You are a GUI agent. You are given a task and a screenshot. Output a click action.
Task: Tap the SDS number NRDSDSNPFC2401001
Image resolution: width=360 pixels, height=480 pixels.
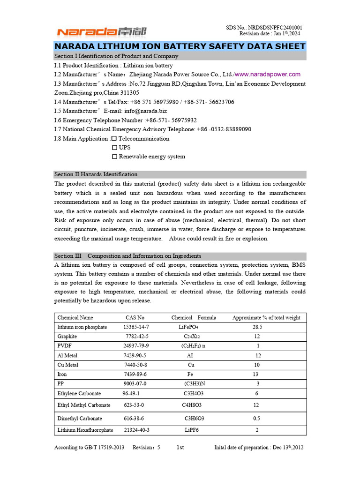276,28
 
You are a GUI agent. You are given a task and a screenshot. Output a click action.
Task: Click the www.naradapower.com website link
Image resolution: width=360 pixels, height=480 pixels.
268,75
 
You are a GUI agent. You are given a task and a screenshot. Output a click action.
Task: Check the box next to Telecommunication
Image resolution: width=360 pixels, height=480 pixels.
114,139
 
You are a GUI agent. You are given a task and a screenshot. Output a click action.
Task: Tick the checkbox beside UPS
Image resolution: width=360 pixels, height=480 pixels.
114,148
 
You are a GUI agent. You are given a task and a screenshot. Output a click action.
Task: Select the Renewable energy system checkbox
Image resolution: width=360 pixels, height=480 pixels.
114,157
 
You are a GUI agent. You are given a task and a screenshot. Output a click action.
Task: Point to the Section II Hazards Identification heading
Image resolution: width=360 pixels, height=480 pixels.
96,174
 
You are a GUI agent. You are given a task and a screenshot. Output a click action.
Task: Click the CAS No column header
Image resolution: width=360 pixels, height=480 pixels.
135,318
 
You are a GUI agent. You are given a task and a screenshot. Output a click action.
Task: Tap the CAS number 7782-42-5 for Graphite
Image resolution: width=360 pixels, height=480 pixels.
137,337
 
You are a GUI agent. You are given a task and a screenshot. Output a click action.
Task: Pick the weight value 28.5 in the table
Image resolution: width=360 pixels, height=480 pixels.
257,327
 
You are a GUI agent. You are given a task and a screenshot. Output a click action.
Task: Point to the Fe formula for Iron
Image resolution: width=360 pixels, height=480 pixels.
190,375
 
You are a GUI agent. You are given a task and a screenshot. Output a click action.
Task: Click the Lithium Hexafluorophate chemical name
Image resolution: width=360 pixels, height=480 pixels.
85,430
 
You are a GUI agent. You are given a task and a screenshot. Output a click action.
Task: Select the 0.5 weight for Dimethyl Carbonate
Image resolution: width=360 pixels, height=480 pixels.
256,419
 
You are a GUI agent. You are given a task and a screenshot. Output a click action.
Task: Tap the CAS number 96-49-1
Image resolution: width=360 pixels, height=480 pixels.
131,394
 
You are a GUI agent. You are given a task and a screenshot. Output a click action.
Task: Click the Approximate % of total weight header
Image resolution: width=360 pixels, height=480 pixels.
266,318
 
